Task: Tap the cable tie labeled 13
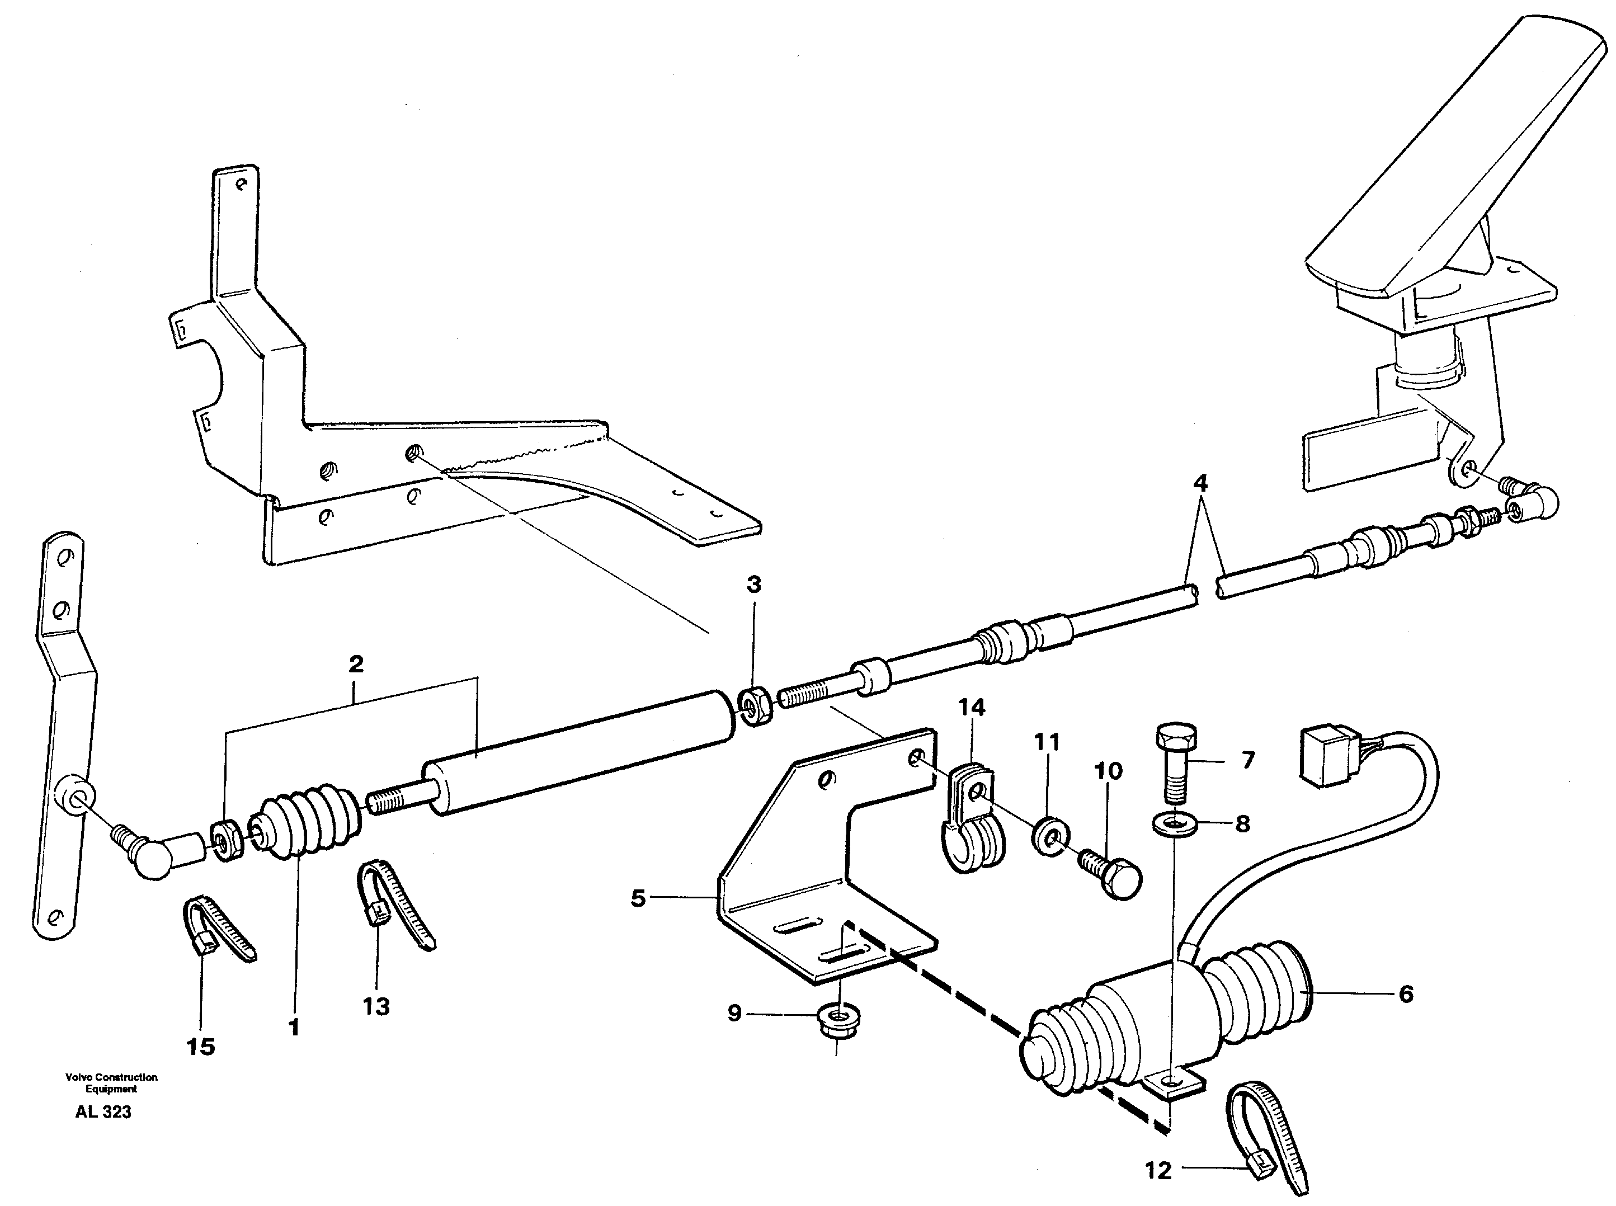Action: tap(394, 902)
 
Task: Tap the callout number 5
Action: tap(638, 898)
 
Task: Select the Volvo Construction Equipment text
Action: tap(111, 1082)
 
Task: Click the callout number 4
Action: tap(1200, 483)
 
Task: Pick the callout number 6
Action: tap(1405, 993)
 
